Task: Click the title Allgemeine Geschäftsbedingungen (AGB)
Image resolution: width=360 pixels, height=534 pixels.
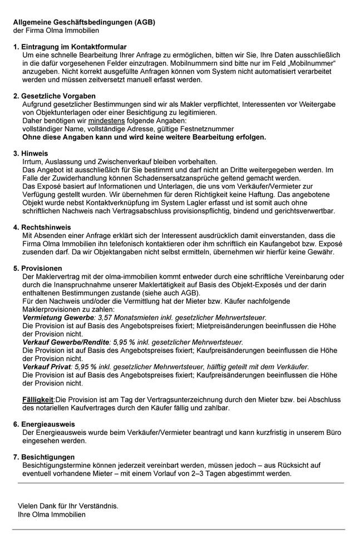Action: [84, 22]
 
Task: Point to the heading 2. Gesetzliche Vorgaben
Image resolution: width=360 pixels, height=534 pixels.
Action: [58, 96]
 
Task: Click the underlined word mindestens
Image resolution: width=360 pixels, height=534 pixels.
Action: [102, 121]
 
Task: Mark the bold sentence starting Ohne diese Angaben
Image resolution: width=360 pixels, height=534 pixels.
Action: [144, 137]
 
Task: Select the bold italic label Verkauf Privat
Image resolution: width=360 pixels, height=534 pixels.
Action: [47, 367]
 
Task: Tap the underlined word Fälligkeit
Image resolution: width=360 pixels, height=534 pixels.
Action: [38, 399]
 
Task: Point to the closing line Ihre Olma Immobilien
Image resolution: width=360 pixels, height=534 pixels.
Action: [52, 515]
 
